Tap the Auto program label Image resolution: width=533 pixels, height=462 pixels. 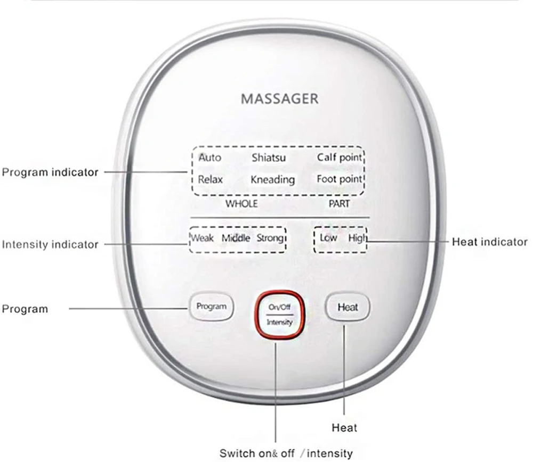coord(209,158)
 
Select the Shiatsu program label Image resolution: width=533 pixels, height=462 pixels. coord(268,158)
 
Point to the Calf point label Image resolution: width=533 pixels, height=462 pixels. coord(340,158)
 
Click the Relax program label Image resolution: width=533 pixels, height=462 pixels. coord(211,179)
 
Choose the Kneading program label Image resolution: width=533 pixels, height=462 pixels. coord(272,180)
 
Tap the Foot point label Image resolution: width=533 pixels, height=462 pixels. coord(340,179)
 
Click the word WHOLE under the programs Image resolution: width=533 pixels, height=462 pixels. coord(241,204)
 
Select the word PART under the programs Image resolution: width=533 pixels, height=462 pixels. coord(339,204)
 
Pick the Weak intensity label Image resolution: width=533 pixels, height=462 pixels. coord(202,238)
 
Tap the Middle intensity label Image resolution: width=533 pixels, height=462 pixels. coord(236,238)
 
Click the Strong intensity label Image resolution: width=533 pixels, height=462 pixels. coord(270,238)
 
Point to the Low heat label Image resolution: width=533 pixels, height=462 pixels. coord(328,238)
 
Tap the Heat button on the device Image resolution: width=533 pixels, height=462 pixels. coord(348,307)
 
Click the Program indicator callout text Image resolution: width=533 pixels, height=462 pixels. coord(50,172)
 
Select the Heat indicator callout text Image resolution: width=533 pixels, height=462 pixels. coord(489,242)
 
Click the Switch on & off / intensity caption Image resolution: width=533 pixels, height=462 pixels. coord(286,453)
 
